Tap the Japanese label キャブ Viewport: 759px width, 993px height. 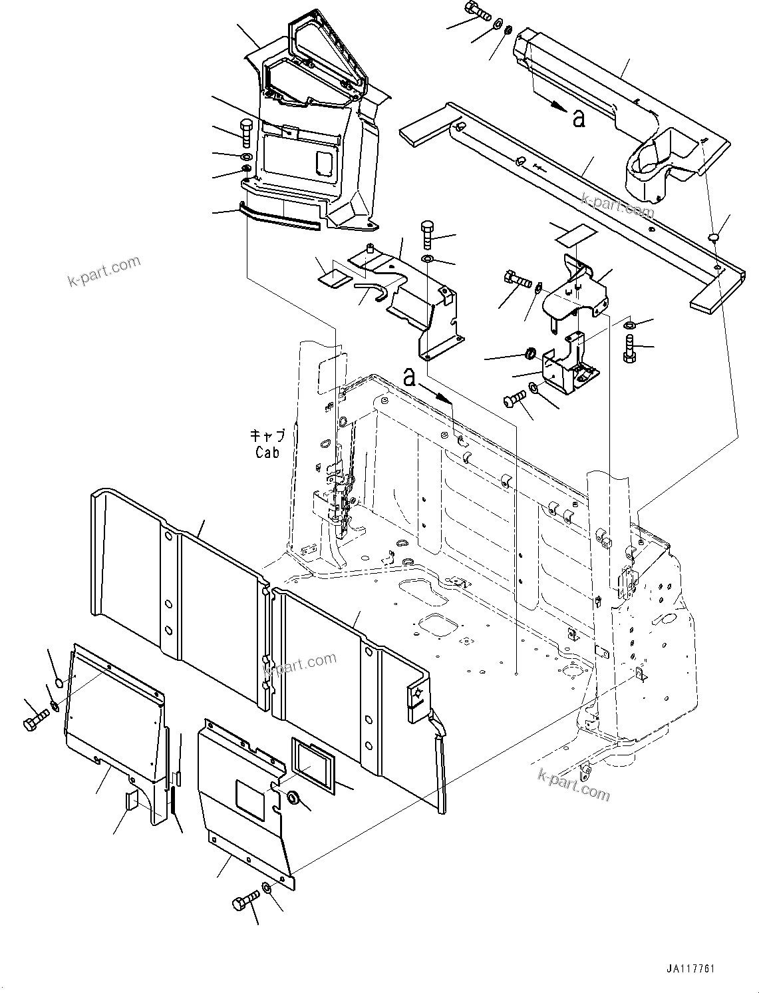click(x=267, y=437)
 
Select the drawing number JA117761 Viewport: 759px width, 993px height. click(x=688, y=969)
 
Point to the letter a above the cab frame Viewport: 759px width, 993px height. click(x=410, y=377)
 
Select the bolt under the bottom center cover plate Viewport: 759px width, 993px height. click(x=243, y=904)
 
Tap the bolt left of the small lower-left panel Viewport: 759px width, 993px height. click(x=35, y=721)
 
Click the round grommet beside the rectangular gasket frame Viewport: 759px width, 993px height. click(x=292, y=797)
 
